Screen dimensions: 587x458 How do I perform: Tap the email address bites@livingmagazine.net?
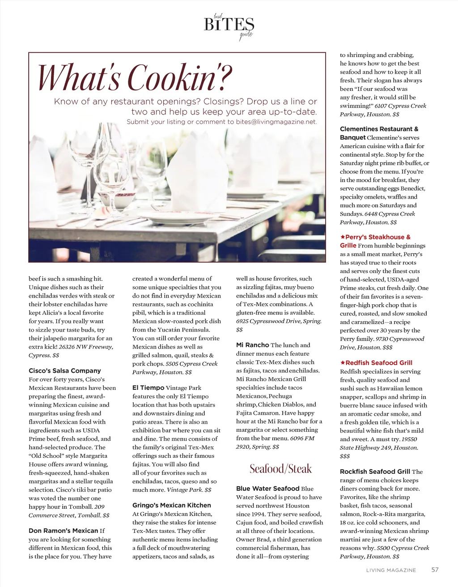(x=276, y=122)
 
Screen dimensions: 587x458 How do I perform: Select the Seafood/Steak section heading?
(x=280, y=469)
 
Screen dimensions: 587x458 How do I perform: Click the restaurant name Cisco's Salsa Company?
(x=65, y=371)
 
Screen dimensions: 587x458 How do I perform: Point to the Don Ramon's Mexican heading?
(x=63, y=531)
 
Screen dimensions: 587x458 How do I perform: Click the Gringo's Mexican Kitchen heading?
(x=171, y=505)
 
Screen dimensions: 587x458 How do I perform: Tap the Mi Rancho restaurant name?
(x=252, y=345)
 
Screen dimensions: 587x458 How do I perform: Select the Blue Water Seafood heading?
(x=267, y=489)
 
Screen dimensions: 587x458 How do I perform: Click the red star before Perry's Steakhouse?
(x=343, y=237)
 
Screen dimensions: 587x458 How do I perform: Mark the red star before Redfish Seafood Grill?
(x=343, y=362)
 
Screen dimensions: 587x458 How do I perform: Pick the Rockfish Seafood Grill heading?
(x=375, y=472)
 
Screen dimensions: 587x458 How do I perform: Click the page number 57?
(x=435, y=570)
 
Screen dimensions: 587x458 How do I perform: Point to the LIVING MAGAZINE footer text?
(x=391, y=570)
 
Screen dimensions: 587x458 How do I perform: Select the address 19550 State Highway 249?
(x=379, y=443)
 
